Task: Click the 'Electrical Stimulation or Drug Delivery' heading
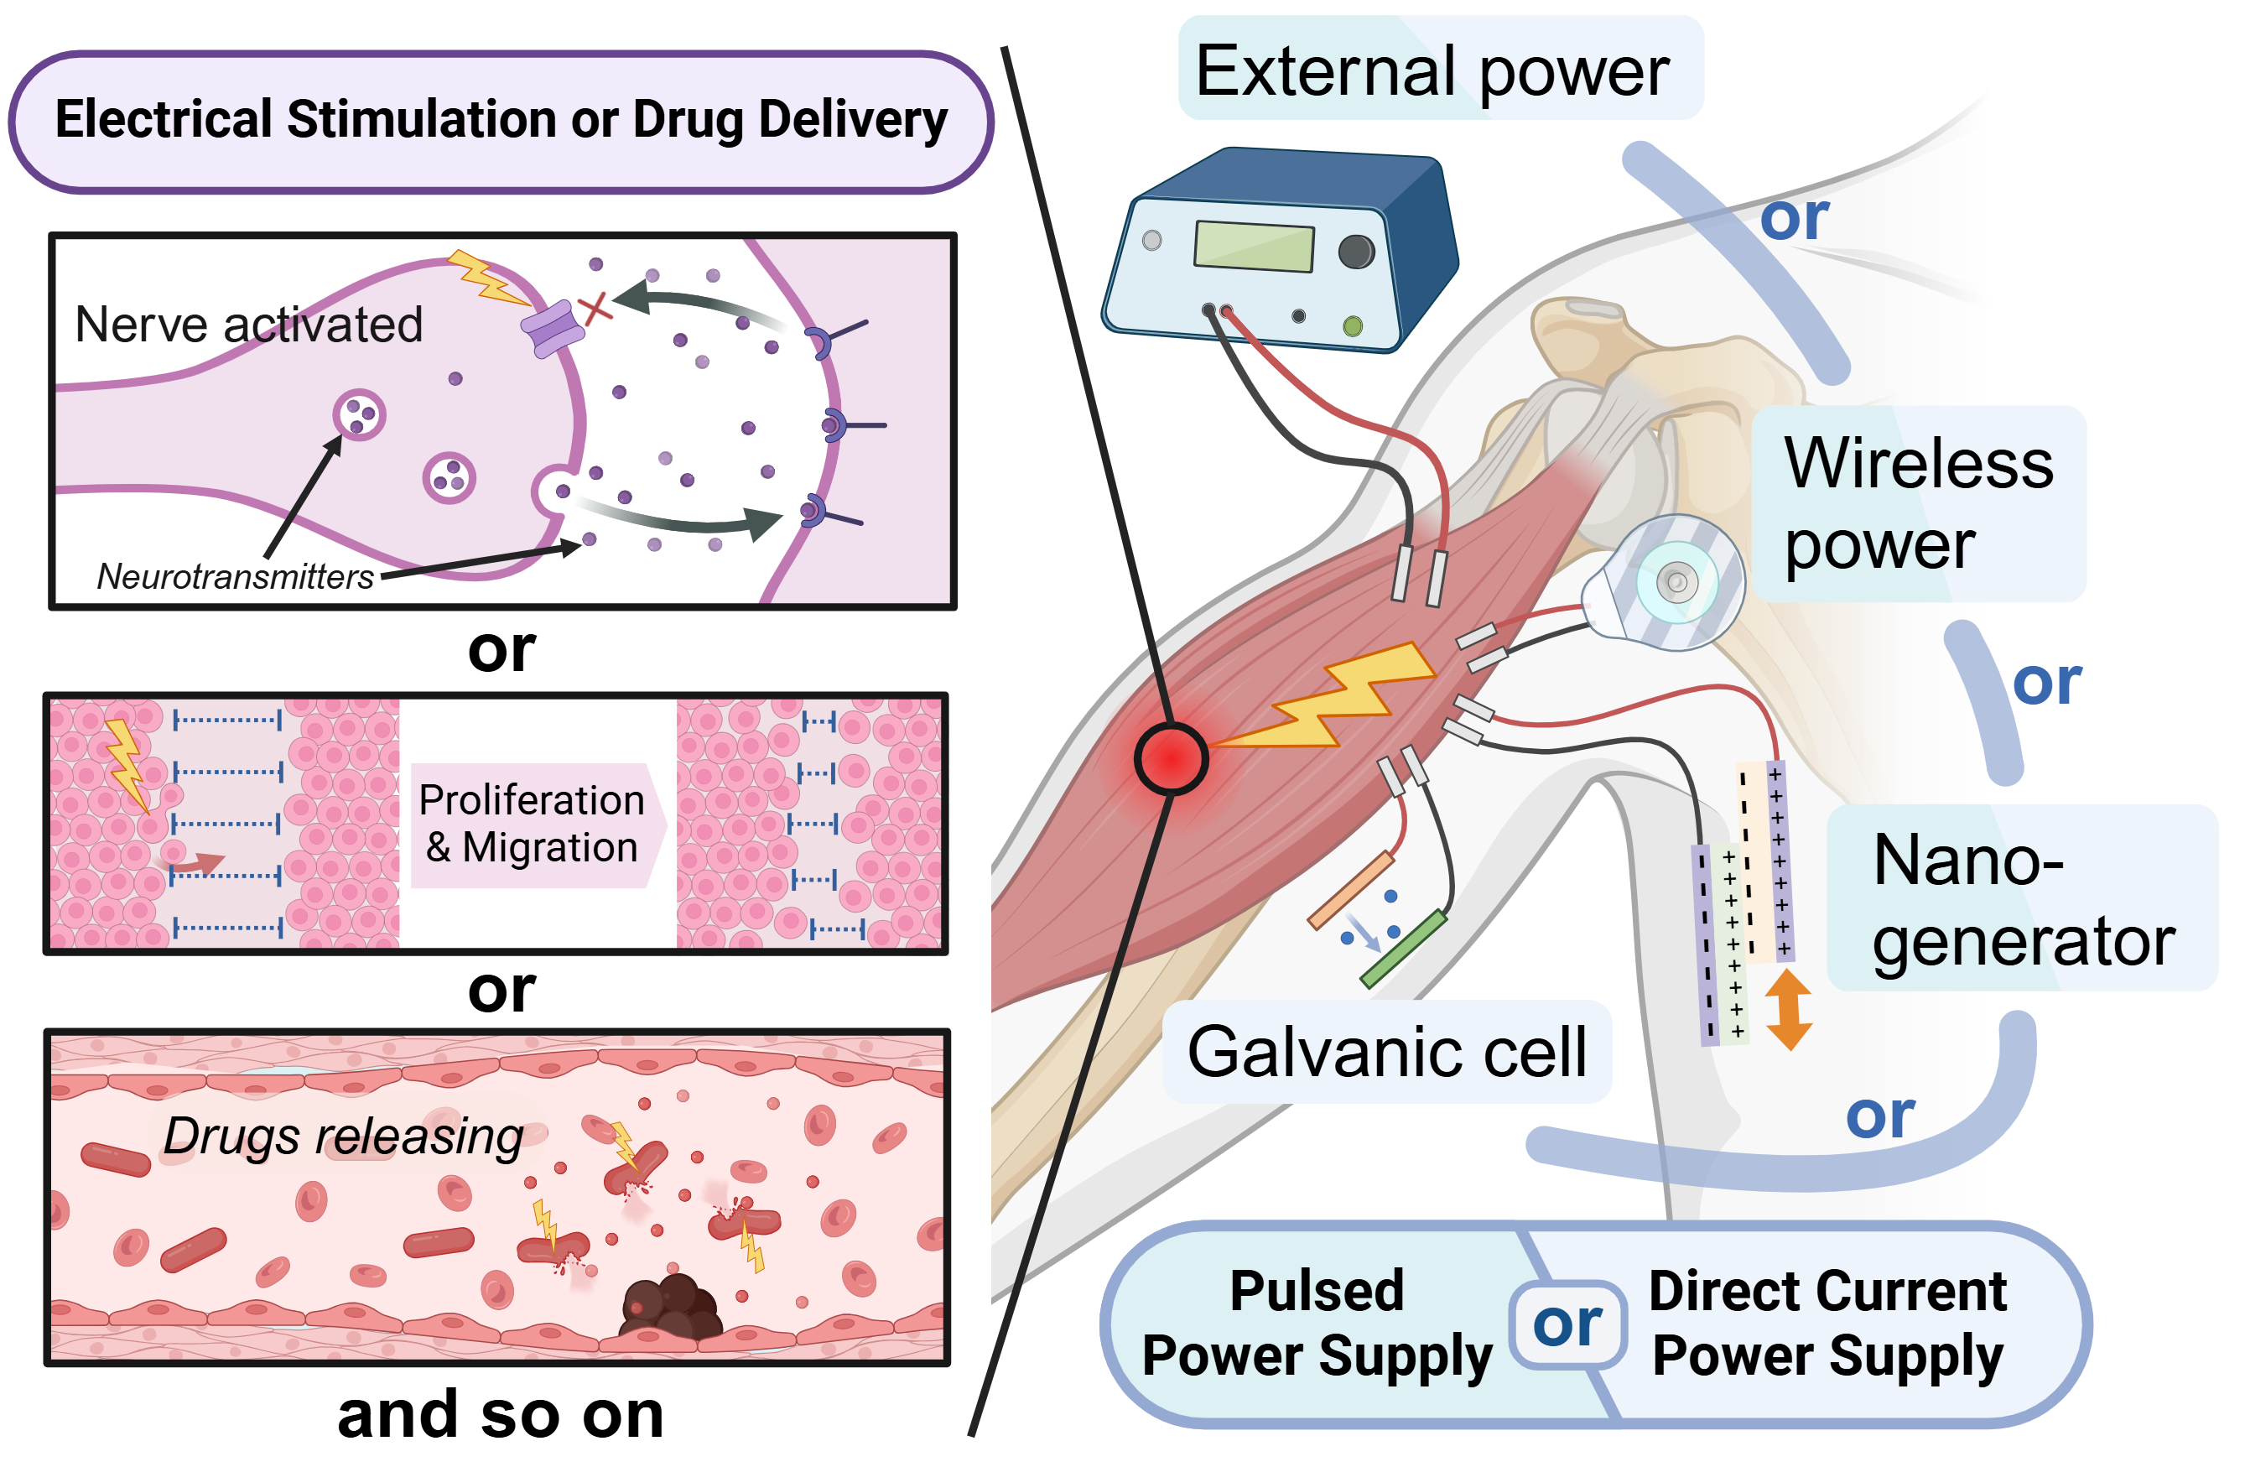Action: (501, 120)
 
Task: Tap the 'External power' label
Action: (1431, 70)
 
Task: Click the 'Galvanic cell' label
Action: (1386, 1051)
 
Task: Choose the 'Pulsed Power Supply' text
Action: (1317, 1323)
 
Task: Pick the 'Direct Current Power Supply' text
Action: (1827, 1323)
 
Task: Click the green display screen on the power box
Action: (1254, 245)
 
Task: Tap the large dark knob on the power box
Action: (1356, 251)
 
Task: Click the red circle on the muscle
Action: (1171, 758)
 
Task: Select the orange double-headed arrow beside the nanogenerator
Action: (1789, 1009)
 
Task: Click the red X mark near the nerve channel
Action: (595, 308)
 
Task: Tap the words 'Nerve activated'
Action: (248, 325)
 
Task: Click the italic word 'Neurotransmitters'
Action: (235, 576)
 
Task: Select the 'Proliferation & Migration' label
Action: (532, 824)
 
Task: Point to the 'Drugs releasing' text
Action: (343, 1135)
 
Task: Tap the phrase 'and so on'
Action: (501, 1414)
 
